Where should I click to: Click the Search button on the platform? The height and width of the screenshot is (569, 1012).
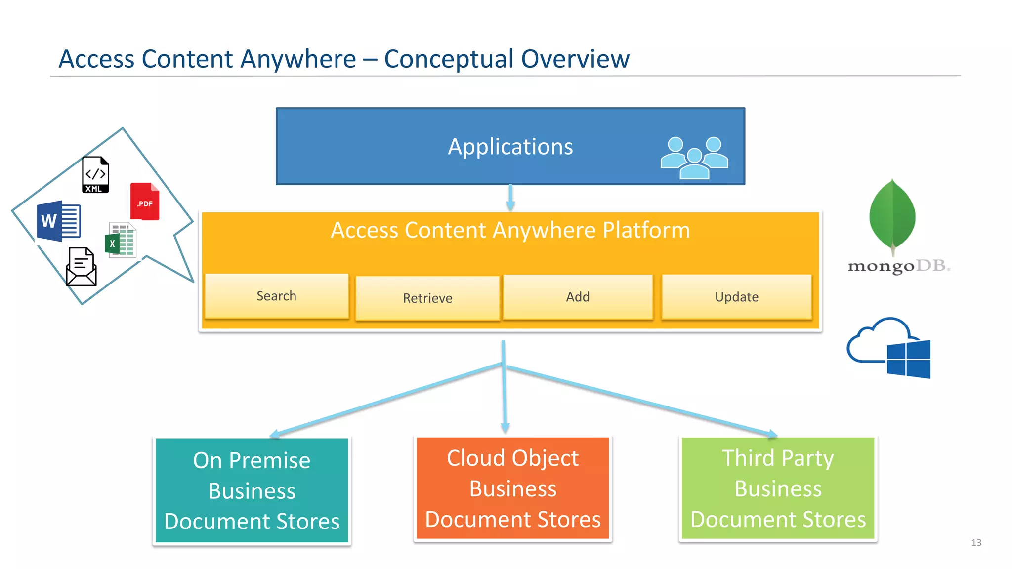(277, 296)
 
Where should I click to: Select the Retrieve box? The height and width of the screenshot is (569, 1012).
(427, 298)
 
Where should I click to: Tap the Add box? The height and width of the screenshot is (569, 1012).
(578, 297)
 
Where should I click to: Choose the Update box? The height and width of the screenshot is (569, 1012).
(736, 297)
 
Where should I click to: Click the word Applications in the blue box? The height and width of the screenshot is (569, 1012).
(510, 147)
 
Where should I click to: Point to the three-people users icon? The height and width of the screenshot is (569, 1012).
(694, 158)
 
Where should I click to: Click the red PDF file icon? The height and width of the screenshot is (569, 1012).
(145, 202)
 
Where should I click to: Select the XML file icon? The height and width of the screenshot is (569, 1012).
(95, 175)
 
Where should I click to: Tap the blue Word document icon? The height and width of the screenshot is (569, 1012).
(59, 221)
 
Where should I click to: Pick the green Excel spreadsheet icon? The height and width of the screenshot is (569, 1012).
(121, 240)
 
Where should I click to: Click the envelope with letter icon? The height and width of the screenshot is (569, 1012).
(81, 267)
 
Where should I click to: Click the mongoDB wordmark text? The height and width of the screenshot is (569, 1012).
(898, 266)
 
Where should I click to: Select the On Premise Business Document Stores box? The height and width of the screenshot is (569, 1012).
(252, 490)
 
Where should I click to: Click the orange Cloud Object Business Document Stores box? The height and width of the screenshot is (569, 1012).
(512, 488)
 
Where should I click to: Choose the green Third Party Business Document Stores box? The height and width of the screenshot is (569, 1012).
(778, 488)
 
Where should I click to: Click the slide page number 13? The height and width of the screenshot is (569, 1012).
(976, 542)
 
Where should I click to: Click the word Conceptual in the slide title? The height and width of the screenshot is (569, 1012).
(449, 59)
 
